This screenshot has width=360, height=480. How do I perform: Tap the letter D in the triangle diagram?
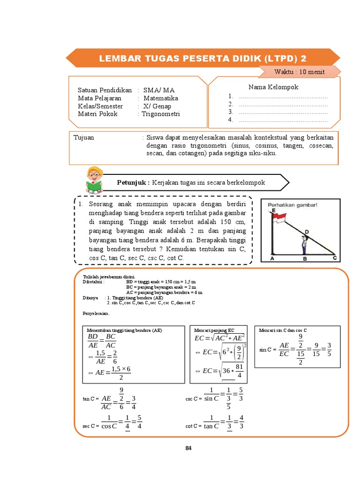(307, 232)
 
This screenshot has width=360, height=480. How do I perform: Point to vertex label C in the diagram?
(335, 258)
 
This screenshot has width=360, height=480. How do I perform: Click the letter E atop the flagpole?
(273, 211)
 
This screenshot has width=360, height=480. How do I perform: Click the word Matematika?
(161, 98)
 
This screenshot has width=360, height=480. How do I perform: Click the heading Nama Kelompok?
(274, 88)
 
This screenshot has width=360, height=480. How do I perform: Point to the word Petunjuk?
(133, 182)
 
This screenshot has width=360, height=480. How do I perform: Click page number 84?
(188, 448)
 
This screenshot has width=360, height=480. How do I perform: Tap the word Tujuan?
(84, 138)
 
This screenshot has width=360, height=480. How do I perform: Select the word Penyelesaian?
(96, 314)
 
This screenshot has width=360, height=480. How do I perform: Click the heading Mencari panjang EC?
(214, 330)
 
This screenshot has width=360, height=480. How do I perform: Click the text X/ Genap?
(157, 106)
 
